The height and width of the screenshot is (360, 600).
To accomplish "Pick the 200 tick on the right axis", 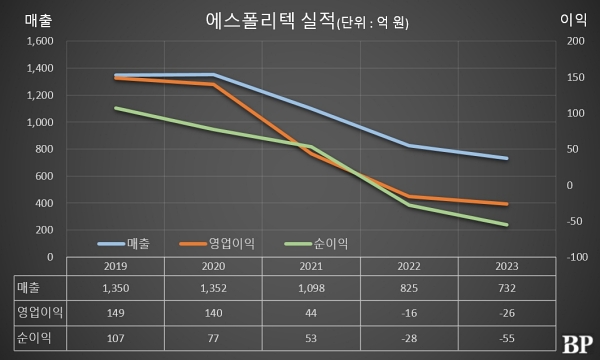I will pyautogui.click(x=574, y=42).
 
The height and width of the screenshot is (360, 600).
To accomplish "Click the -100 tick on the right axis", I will pyautogui.click(x=575, y=257).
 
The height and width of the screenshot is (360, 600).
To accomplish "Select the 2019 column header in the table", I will pyautogui.click(x=116, y=268).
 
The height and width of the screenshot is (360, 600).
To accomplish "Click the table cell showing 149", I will pyautogui.click(x=116, y=314).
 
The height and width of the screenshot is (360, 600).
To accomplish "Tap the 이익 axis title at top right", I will pyautogui.click(x=574, y=17).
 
